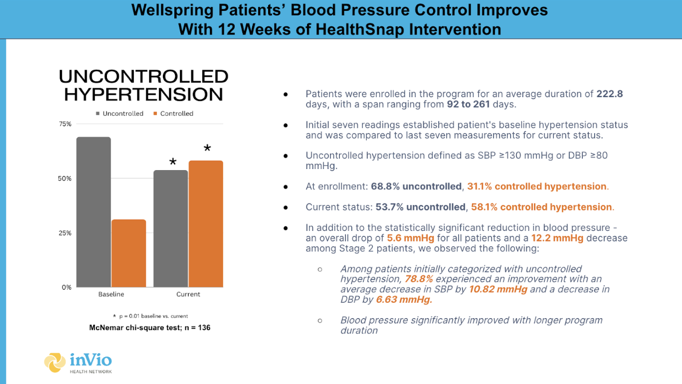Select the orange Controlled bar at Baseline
pyautogui.click(x=129, y=253)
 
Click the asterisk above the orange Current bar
pyautogui.click(x=207, y=149)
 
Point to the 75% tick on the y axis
pyautogui.click(x=65, y=124)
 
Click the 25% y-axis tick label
pyautogui.click(x=65, y=233)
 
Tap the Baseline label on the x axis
pyautogui.click(x=111, y=295)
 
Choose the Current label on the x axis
pyautogui.click(x=188, y=295)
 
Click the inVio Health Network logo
pyautogui.click(x=78, y=363)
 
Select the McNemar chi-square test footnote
pyautogui.click(x=150, y=327)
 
